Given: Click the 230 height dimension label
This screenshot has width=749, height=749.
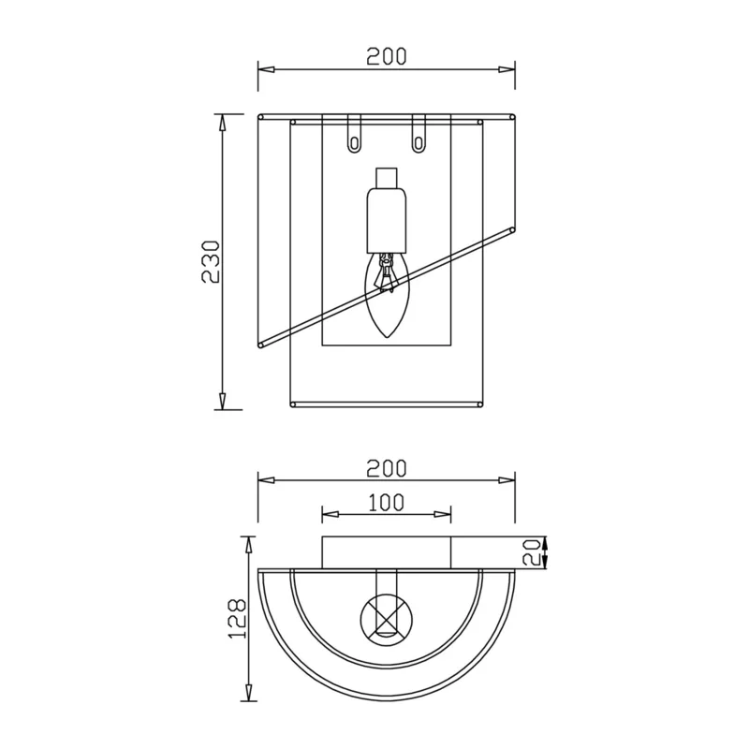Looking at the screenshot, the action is click(x=211, y=262).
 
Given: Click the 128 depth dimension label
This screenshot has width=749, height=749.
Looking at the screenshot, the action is click(x=237, y=618).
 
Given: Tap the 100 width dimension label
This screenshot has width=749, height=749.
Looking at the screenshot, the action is click(x=387, y=502).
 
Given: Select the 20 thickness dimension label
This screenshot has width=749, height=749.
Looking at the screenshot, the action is click(x=532, y=552).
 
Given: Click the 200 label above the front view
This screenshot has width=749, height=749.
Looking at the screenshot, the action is click(x=387, y=56).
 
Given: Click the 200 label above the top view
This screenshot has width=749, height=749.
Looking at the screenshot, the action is click(x=387, y=469).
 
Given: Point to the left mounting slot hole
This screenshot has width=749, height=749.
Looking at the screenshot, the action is click(x=354, y=142).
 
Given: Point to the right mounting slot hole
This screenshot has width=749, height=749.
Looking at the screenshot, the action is click(x=419, y=142).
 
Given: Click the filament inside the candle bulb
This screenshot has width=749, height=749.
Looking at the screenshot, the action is click(x=387, y=273).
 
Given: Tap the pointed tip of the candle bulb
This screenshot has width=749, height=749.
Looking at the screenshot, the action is click(x=387, y=338).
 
